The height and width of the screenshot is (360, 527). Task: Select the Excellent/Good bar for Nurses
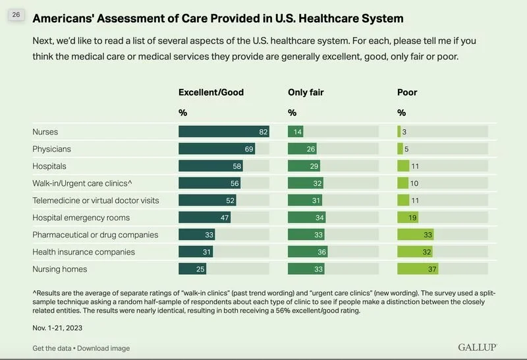coord(224,132)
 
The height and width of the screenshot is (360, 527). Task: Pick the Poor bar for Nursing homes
coord(418,269)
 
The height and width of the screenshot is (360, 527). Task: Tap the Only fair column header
coord(307,92)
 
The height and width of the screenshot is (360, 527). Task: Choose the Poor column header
coord(407,92)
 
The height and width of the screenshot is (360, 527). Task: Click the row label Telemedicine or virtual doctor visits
coord(96,200)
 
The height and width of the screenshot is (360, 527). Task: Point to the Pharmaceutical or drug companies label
coord(95,235)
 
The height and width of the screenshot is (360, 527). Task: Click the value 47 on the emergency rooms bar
coord(225,218)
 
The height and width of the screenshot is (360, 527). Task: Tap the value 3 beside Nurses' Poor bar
coord(404,132)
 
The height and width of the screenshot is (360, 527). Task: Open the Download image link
coord(103,348)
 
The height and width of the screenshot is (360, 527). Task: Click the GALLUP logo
coord(477,347)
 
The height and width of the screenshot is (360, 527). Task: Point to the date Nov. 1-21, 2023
coord(57,327)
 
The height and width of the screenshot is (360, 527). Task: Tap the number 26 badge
coord(16,15)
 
